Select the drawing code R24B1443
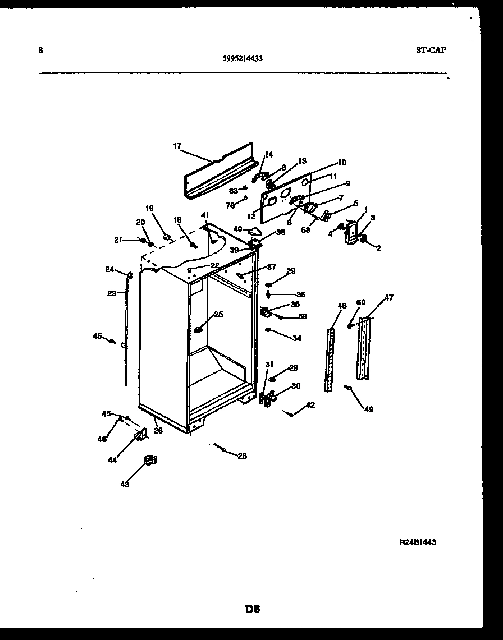(x=418, y=542)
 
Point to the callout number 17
(x=177, y=146)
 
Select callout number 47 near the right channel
(x=389, y=298)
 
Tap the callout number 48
(x=342, y=306)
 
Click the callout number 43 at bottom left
(x=125, y=484)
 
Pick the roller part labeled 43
(x=149, y=461)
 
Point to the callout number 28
(x=242, y=456)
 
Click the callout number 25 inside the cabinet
(x=218, y=315)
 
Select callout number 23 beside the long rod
(x=112, y=293)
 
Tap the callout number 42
(x=310, y=405)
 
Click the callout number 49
(x=368, y=409)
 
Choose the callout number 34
(x=297, y=338)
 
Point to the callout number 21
(x=118, y=240)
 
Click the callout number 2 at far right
(x=379, y=248)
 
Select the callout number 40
(x=237, y=229)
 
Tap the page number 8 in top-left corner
(x=40, y=50)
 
